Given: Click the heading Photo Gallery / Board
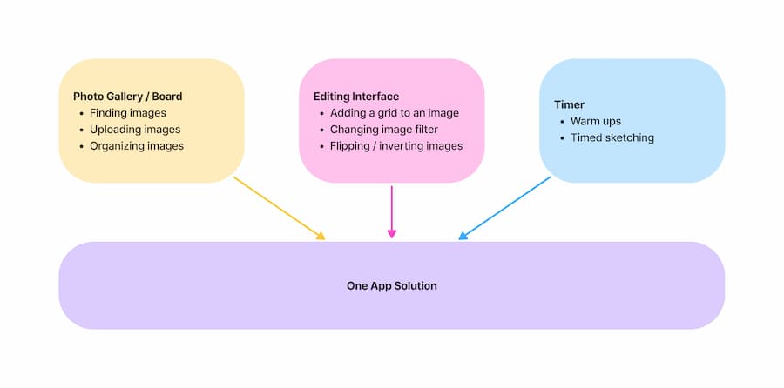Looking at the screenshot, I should click(x=127, y=97).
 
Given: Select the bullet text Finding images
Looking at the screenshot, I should click(x=127, y=113).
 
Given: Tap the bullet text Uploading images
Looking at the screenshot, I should click(x=135, y=130).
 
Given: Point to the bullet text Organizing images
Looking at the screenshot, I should click(x=137, y=146).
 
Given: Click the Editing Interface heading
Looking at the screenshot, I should click(x=356, y=97).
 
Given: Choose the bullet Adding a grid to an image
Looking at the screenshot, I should click(x=395, y=113).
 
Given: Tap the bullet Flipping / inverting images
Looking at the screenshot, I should click(x=396, y=146).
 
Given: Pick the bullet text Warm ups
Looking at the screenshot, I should click(x=596, y=121).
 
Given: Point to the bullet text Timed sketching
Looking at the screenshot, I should click(x=612, y=137).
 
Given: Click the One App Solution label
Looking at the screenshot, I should click(x=392, y=285).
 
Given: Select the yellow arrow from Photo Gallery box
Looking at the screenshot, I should click(x=277, y=207).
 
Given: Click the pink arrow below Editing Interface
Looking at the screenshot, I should click(x=392, y=209).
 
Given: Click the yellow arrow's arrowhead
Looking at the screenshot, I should click(x=321, y=236).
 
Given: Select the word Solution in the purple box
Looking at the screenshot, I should click(x=415, y=285).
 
